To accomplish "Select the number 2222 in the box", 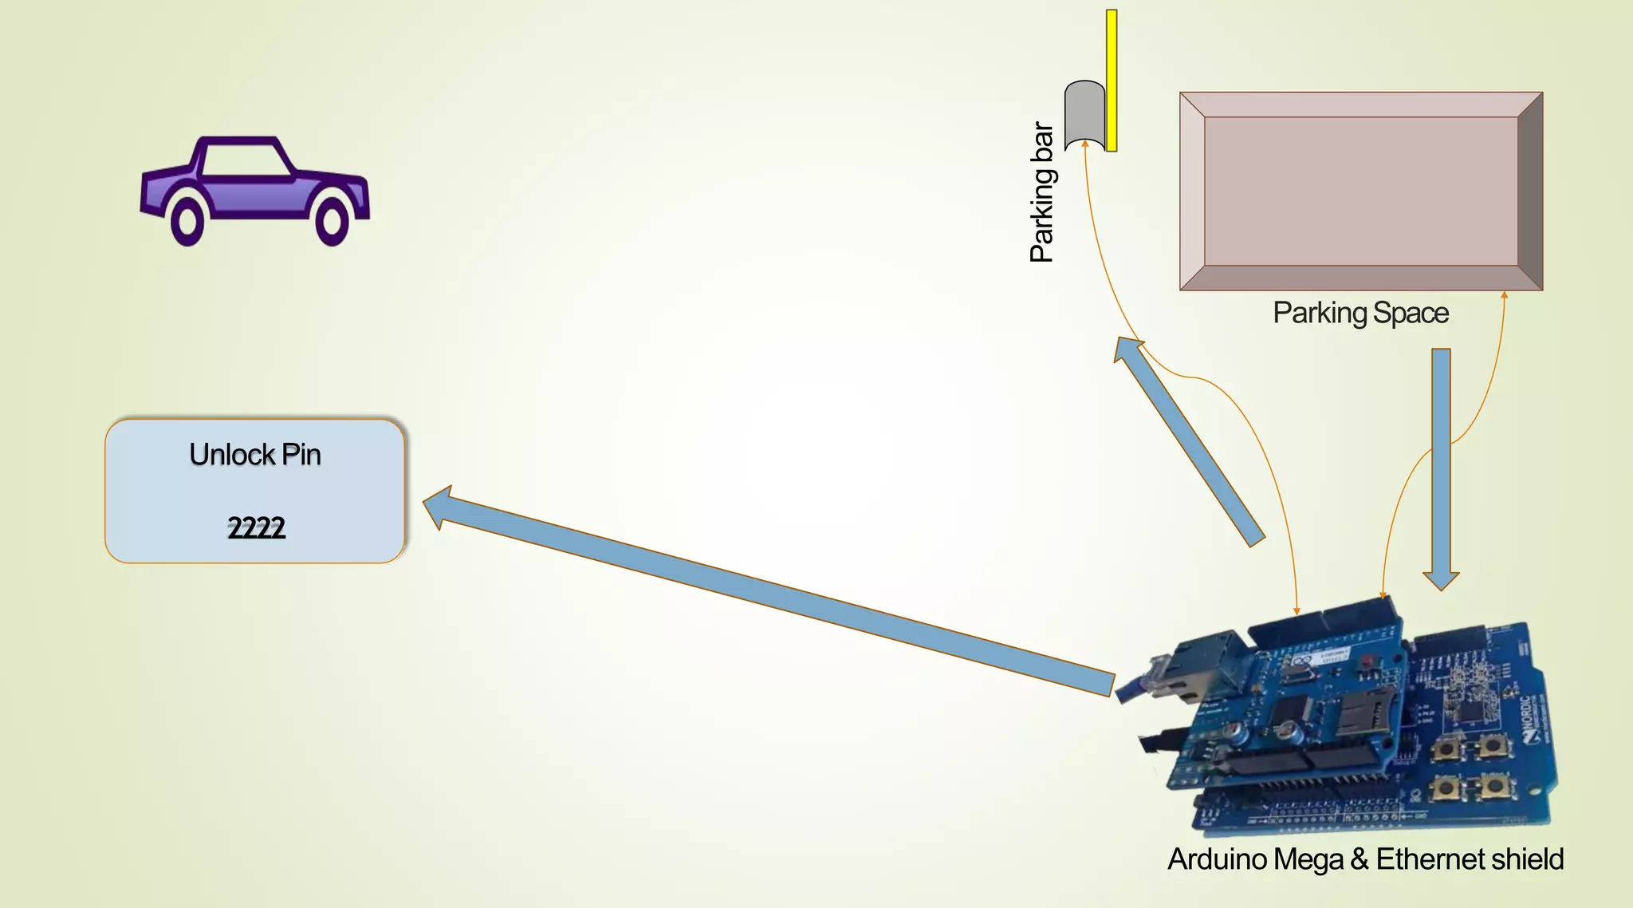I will (x=256, y=527).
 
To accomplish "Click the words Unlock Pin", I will (x=255, y=455).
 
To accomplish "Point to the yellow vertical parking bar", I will (x=1112, y=80).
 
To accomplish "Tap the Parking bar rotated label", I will (x=1042, y=192).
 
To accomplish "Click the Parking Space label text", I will (x=1360, y=313).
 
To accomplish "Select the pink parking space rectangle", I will (x=1360, y=191).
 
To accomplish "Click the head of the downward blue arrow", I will (x=1441, y=579).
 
